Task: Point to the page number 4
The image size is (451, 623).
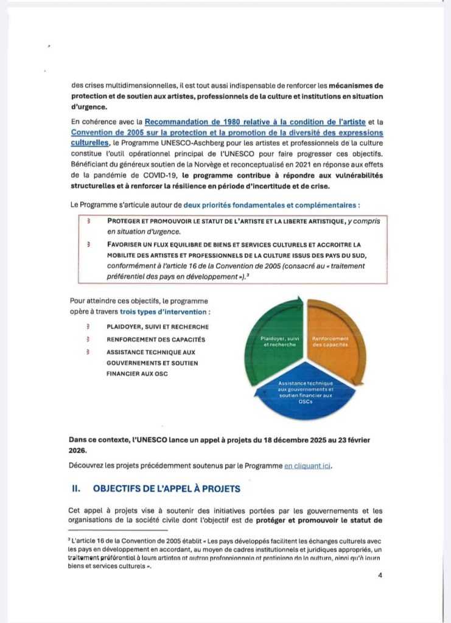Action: (x=379, y=577)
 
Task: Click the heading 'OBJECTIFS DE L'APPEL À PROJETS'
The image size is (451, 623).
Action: (x=166, y=489)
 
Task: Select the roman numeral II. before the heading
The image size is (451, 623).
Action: (x=77, y=489)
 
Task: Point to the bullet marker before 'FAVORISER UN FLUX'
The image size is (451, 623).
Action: (x=89, y=244)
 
